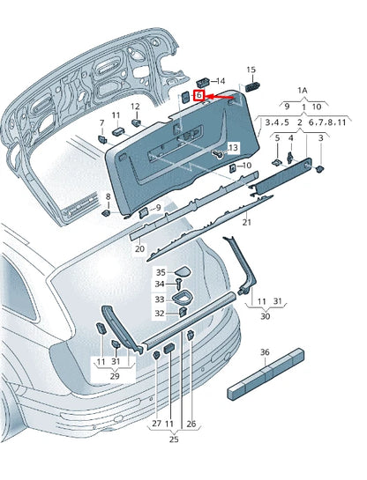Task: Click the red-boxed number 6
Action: point(200,95)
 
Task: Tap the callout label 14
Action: point(220,80)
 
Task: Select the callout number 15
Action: point(250,70)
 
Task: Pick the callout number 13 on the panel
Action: point(233,147)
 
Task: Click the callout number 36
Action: point(264,351)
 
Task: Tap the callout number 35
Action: point(161,272)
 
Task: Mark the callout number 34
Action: point(161,284)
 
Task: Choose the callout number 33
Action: point(161,299)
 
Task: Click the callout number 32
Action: point(161,313)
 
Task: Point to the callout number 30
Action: point(265,316)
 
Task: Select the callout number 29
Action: point(114,376)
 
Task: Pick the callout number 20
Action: point(139,249)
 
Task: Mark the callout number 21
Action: point(246,222)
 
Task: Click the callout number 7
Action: point(101,122)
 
